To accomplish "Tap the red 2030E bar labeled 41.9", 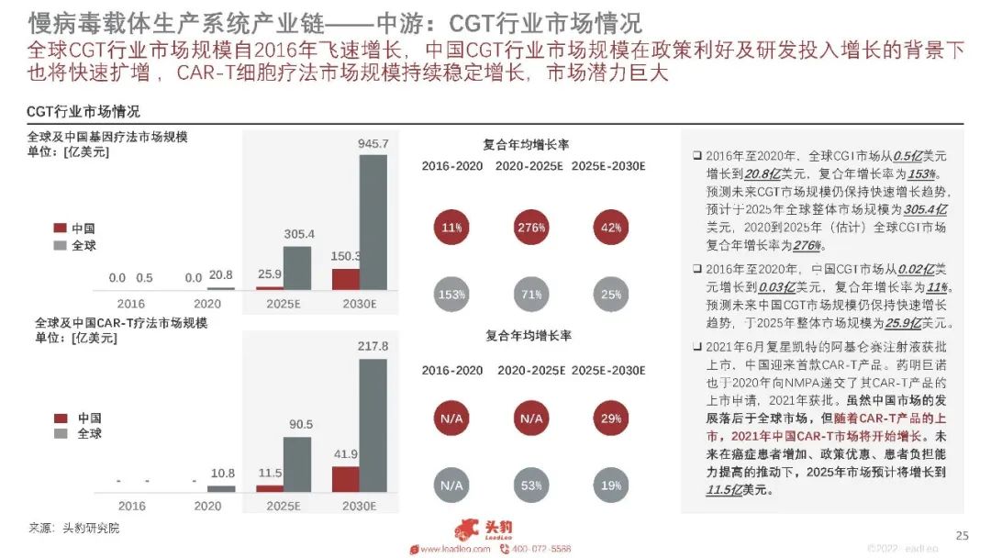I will coord(347,479).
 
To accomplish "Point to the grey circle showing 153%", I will coord(451,294).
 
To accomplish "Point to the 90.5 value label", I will coord(299,424).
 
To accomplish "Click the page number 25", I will coord(963,536).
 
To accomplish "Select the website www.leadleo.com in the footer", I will coord(453,549).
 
